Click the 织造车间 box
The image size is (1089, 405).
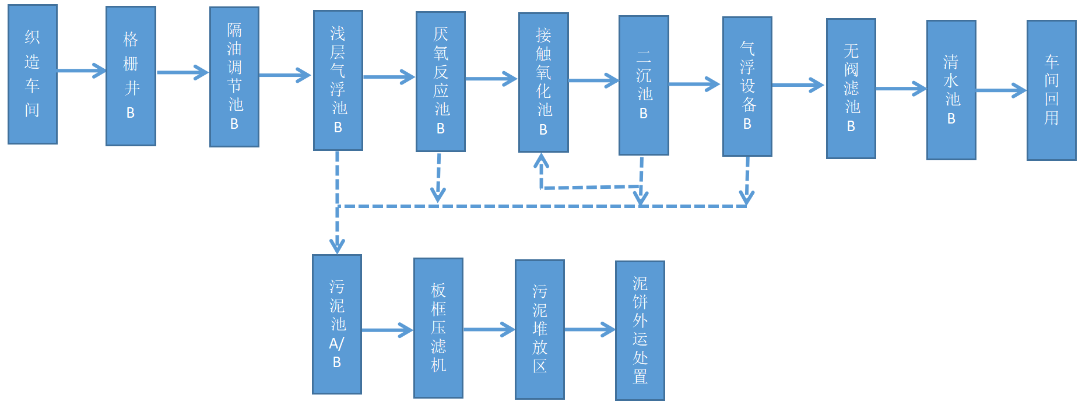pyautogui.click(x=33, y=74)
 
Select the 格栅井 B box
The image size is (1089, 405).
pyautogui.click(x=131, y=76)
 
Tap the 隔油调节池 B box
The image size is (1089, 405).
pyautogui.click(x=234, y=77)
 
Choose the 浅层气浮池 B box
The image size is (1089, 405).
pyautogui.click(x=338, y=80)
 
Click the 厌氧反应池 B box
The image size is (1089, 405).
pyautogui.click(x=441, y=82)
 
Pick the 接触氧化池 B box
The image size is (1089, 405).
pyautogui.click(x=543, y=83)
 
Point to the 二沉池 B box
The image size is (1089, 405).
pyautogui.click(x=644, y=85)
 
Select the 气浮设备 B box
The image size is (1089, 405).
pyautogui.click(x=747, y=86)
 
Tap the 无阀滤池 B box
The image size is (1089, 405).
pyautogui.click(x=851, y=89)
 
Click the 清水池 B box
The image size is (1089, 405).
pyautogui.click(x=951, y=90)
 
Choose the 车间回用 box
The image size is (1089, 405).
pyautogui.click(x=1052, y=90)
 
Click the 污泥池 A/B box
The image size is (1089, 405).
pyautogui.click(x=337, y=324)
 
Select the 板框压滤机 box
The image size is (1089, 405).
pyautogui.click(x=438, y=328)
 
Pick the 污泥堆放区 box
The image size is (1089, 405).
pyautogui.click(x=540, y=329)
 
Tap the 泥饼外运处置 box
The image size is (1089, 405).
pyautogui.click(x=640, y=330)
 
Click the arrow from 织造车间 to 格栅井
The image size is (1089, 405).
pyautogui.click(x=82, y=71)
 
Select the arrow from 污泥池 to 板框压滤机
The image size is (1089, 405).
pyautogui.click(x=388, y=330)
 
